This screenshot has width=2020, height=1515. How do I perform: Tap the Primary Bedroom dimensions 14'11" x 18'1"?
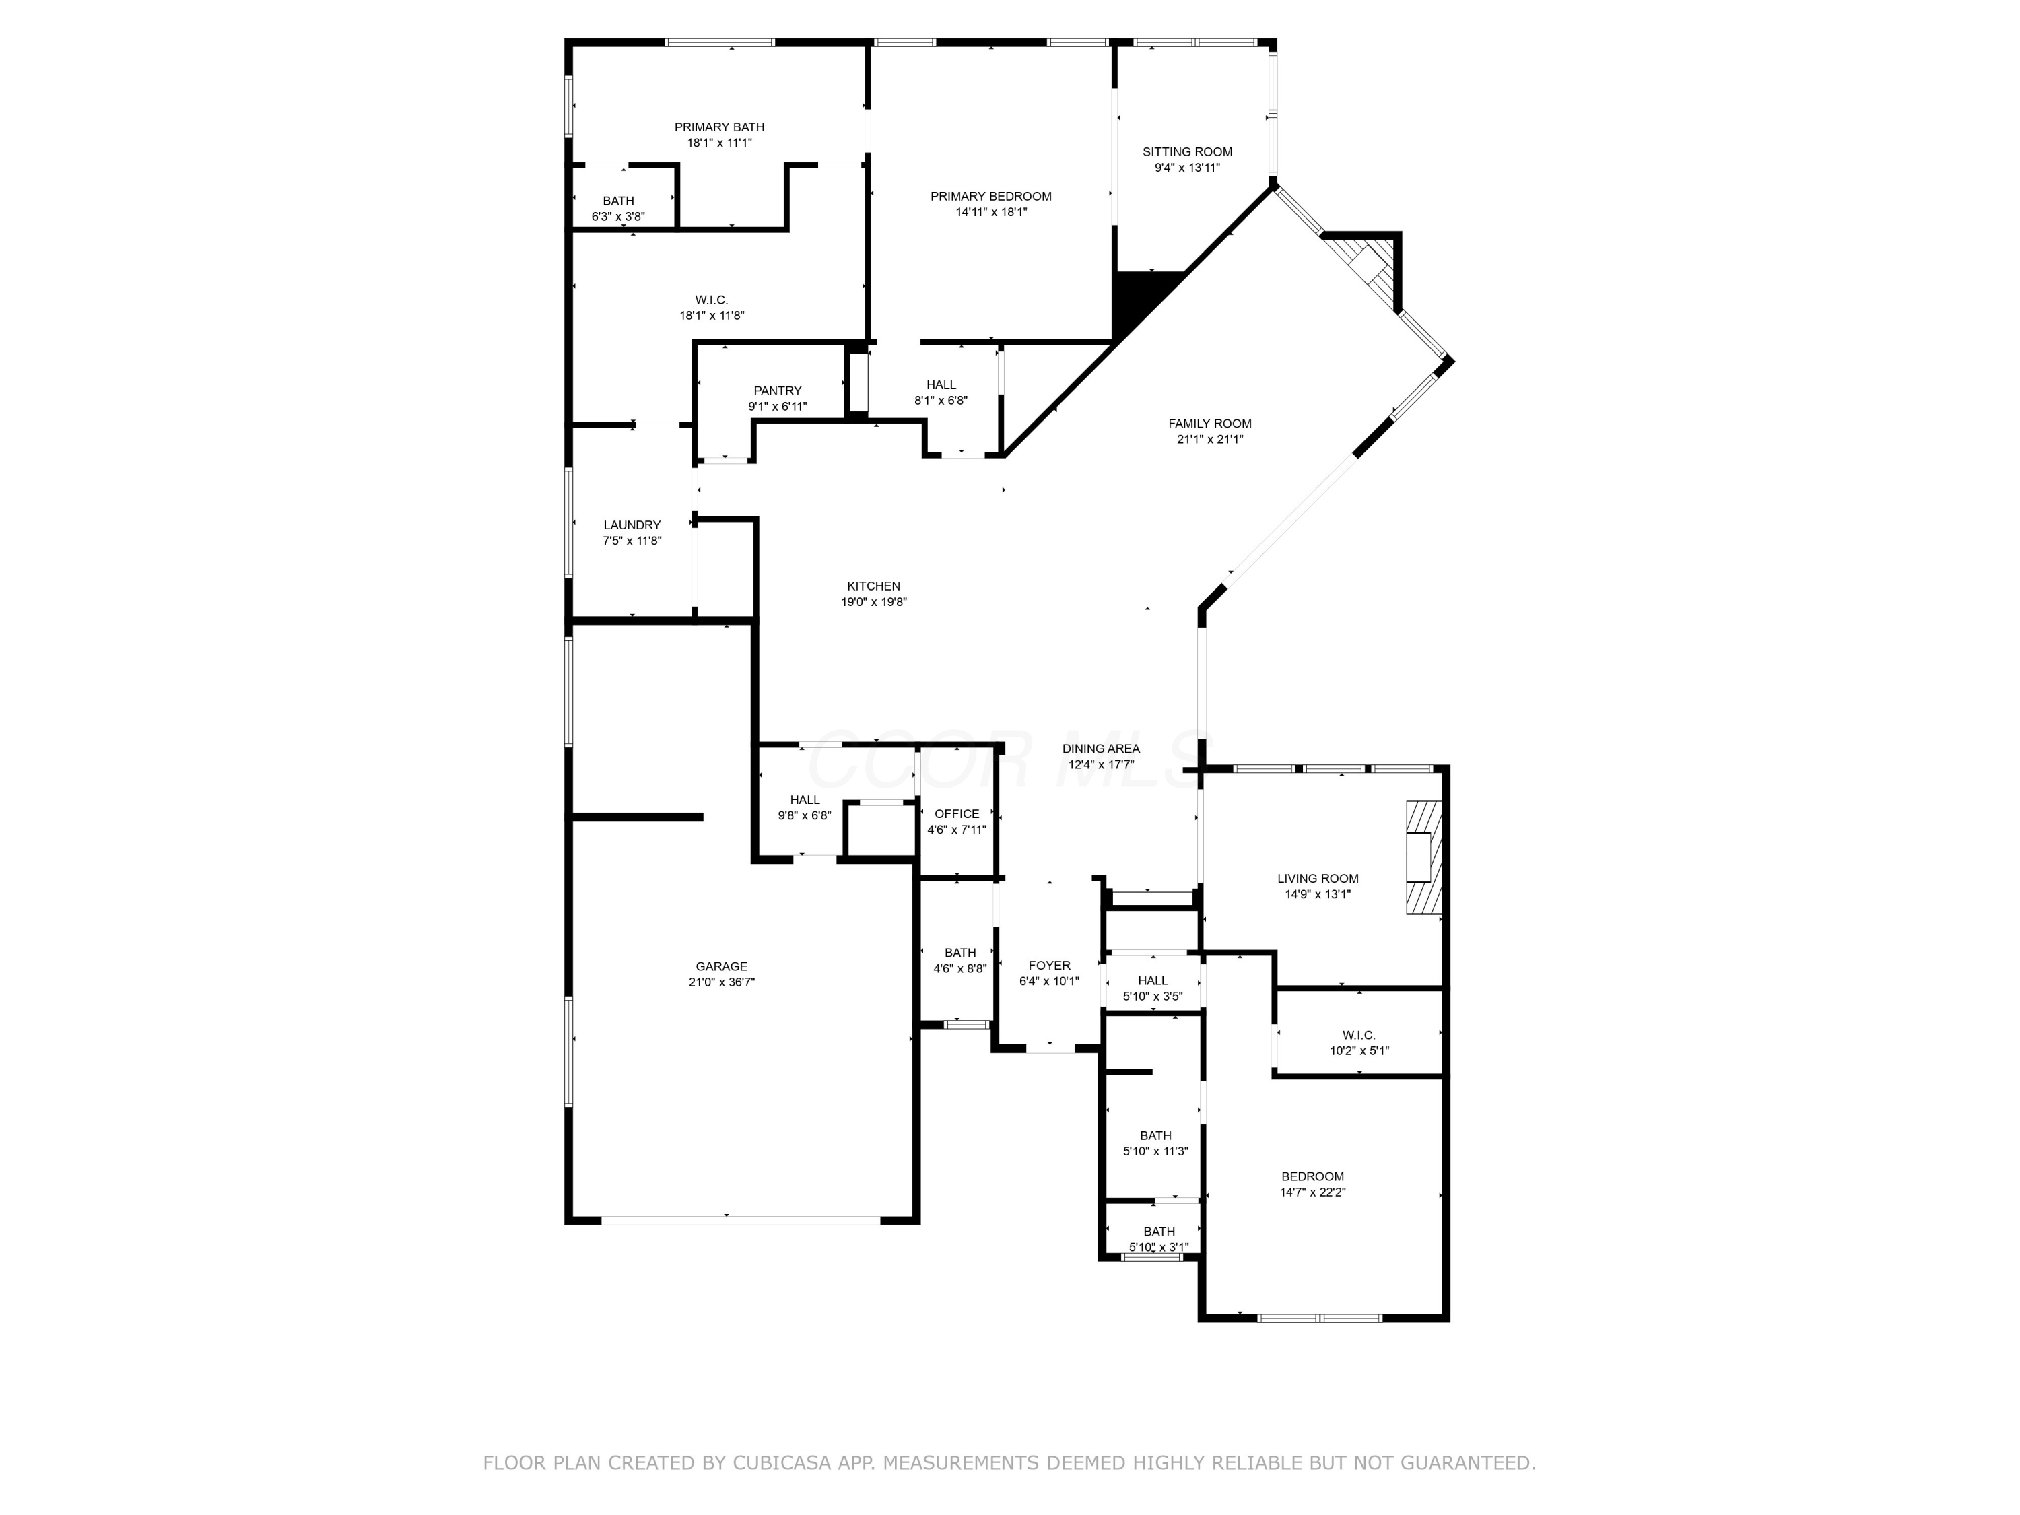(991, 212)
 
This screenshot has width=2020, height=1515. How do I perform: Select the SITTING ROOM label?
(1187, 151)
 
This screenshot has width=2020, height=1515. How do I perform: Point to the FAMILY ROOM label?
(1209, 423)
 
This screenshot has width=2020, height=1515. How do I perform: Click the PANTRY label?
(777, 390)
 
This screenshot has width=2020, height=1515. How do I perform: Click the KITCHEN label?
(873, 586)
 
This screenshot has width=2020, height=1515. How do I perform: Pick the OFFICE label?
(956, 813)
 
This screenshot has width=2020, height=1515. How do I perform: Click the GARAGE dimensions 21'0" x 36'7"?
(721, 982)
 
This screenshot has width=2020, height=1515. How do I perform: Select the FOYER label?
(1048, 966)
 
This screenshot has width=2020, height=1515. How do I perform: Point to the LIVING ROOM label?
(1317, 879)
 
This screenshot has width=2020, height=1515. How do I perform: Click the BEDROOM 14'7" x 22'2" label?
(1312, 1176)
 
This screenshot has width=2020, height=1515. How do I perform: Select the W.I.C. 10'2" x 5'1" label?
(1358, 1035)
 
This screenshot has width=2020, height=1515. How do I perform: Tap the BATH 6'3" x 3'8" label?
(617, 201)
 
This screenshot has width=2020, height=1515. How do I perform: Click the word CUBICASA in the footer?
(781, 1463)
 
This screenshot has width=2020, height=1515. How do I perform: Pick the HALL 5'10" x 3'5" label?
(1153, 981)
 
